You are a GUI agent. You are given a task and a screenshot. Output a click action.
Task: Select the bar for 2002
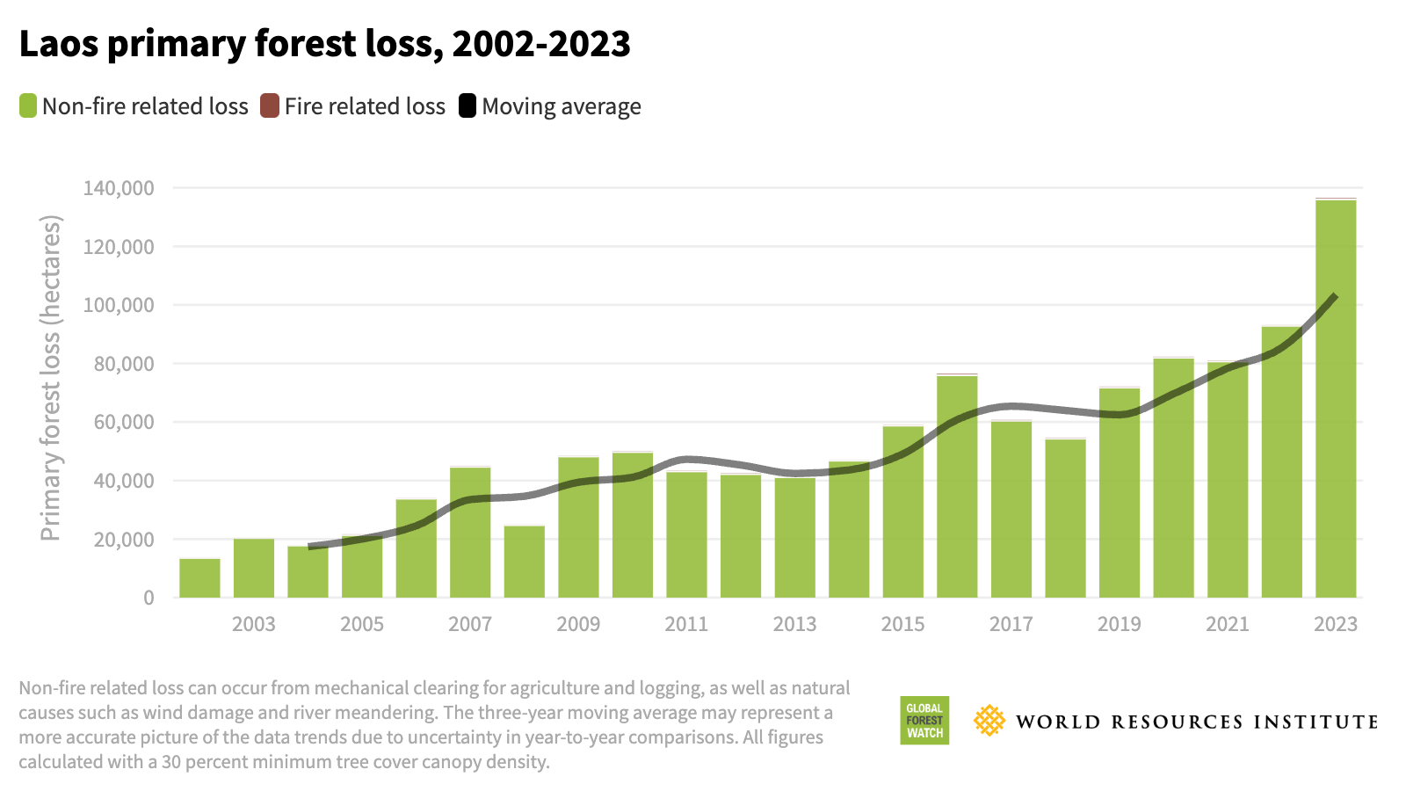click(199, 578)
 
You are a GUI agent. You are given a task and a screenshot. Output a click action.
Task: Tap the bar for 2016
click(957, 488)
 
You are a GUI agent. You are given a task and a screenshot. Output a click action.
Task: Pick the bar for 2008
click(525, 562)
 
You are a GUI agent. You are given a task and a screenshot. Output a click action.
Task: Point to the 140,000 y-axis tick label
click(119, 188)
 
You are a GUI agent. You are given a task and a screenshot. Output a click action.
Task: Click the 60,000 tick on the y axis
click(123, 423)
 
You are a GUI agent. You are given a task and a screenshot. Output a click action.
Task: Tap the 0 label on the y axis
click(149, 598)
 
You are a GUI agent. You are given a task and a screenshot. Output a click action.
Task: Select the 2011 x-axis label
click(686, 624)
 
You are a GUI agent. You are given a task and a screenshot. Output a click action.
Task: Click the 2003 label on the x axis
click(254, 624)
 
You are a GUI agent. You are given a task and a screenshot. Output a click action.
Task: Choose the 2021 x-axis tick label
click(1227, 624)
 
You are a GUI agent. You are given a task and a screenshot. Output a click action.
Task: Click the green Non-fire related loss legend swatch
click(28, 106)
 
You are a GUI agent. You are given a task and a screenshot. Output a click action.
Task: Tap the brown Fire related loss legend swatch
click(270, 106)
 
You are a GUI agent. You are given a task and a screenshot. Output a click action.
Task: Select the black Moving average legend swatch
click(467, 106)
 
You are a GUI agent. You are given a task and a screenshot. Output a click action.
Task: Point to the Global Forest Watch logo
click(924, 721)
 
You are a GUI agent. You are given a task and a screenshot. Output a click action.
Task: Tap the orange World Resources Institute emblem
click(989, 721)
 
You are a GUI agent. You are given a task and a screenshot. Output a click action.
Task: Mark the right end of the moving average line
click(1335, 296)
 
